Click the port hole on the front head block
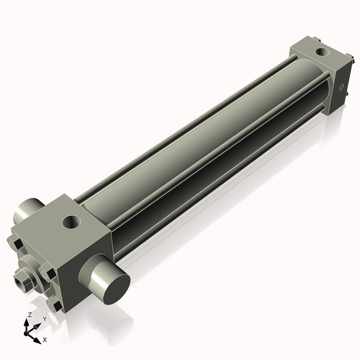(x=71, y=222)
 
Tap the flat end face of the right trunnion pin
(x=117, y=289)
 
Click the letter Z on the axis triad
(x=30, y=315)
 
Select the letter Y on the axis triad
(x=44, y=319)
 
